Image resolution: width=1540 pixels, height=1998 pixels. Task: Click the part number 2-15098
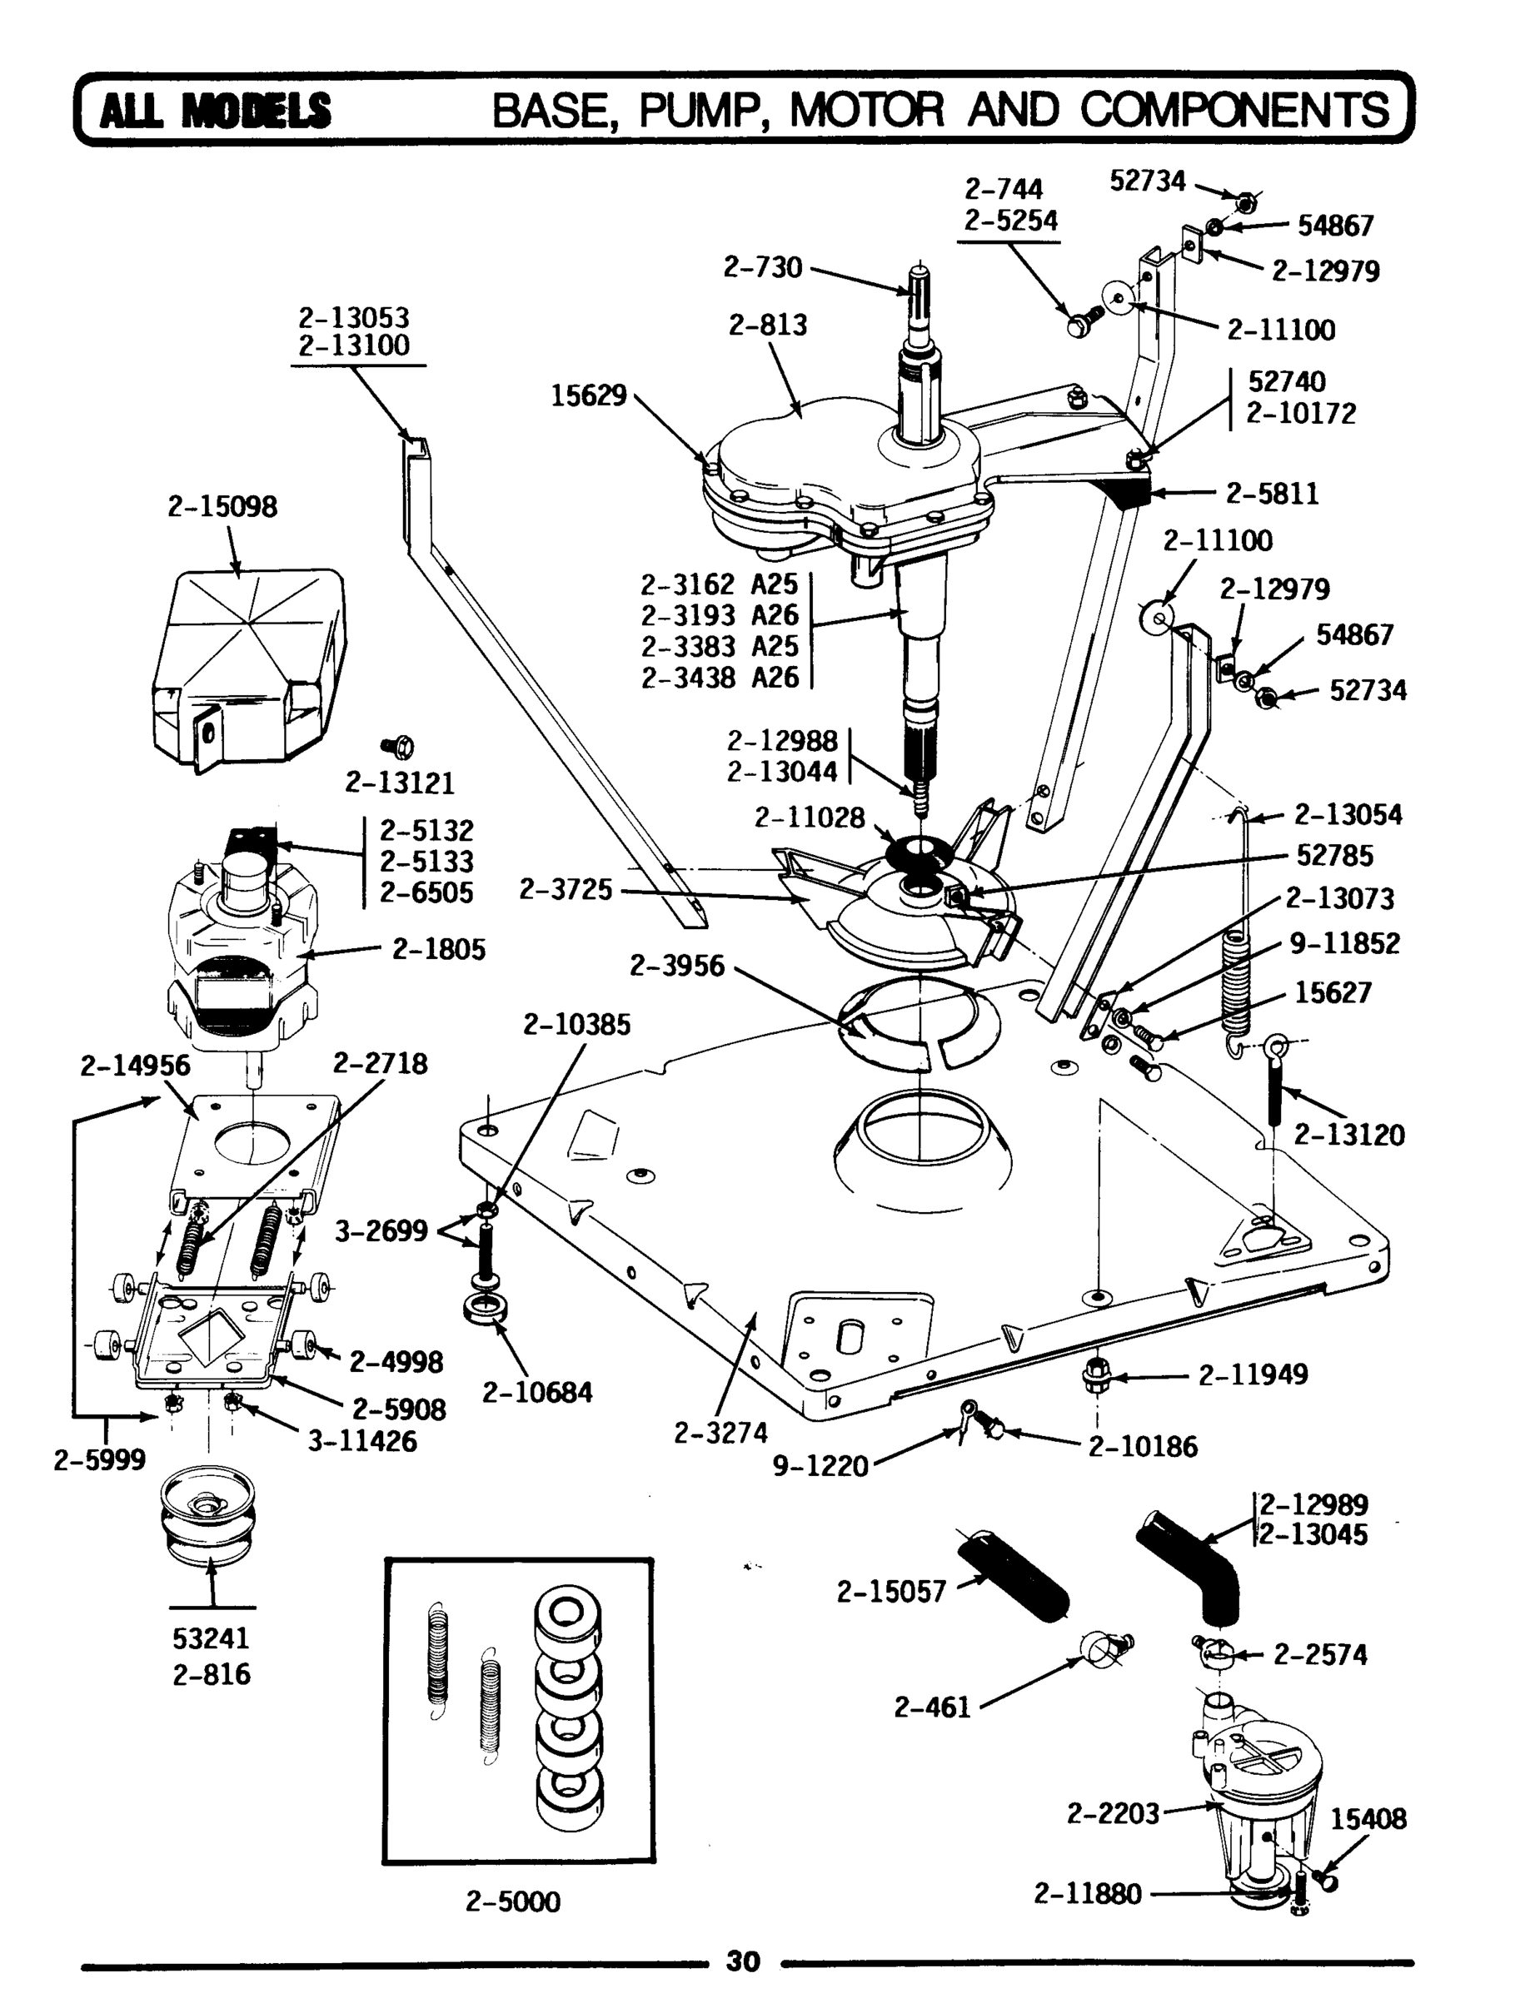coord(222,506)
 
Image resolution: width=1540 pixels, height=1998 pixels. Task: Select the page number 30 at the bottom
coord(742,1960)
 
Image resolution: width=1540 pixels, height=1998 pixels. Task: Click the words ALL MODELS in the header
coord(215,111)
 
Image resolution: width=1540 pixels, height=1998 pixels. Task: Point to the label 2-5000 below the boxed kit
coord(512,1901)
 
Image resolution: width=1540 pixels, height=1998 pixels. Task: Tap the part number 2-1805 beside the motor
coord(438,949)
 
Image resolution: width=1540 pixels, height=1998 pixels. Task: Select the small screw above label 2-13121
coord(400,748)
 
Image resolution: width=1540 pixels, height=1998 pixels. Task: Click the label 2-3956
coord(676,965)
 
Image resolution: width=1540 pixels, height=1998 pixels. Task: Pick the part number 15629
coord(588,395)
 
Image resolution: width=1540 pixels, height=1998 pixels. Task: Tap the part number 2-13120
coord(1348,1135)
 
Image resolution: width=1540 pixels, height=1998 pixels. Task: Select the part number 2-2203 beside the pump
coord(1113,1812)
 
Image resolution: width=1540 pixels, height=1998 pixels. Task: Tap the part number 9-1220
coord(820,1464)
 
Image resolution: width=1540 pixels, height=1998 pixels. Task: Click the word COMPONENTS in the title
coord(1235,111)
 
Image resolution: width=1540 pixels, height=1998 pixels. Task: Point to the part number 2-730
coord(762,266)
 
